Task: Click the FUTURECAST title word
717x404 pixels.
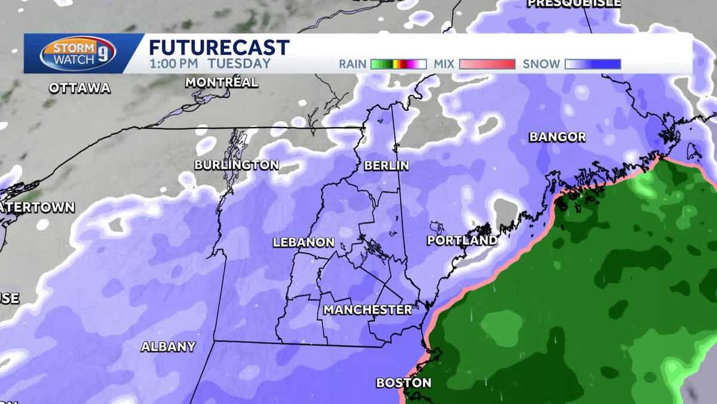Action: (x=219, y=47)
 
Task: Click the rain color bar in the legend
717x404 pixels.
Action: (x=398, y=64)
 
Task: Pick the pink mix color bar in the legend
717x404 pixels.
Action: (x=487, y=64)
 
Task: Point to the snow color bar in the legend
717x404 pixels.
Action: (x=593, y=64)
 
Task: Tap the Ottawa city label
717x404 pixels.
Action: (x=80, y=88)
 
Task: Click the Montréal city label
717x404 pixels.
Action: (x=222, y=83)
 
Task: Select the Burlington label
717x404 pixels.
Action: (x=237, y=165)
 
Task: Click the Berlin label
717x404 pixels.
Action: (x=387, y=165)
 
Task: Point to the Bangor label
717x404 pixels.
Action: (x=557, y=137)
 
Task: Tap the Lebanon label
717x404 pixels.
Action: (x=304, y=242)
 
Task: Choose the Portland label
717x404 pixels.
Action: (x=462, y=241)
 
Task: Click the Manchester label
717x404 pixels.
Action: (x=367, y=309)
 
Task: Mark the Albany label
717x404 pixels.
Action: (x=168, y=347)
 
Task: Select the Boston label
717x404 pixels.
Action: (x=403, y=382)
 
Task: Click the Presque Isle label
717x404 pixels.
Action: (x=574, y=4)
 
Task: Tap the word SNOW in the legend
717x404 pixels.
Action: (x=541, y=64)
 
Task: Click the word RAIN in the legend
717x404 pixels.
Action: (x=353, y=64)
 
